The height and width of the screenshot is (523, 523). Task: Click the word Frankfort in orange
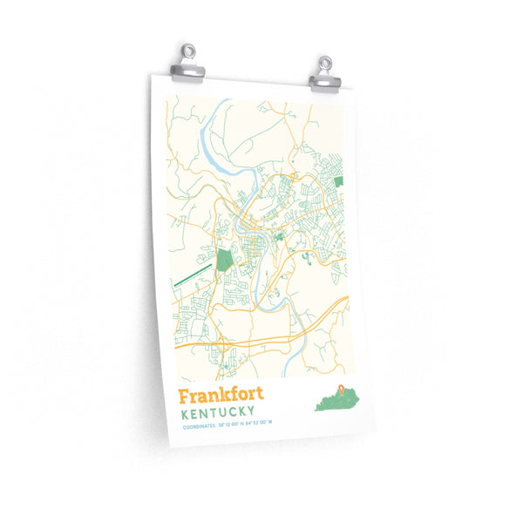(220, 395)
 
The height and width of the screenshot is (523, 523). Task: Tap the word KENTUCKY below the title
(217, 411)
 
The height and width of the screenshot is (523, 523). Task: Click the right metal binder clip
(325, 74)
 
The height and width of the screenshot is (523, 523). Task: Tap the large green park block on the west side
(224, 259)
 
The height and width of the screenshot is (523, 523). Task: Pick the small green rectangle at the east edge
(338, 181)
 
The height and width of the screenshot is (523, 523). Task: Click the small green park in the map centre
(279, 235)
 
